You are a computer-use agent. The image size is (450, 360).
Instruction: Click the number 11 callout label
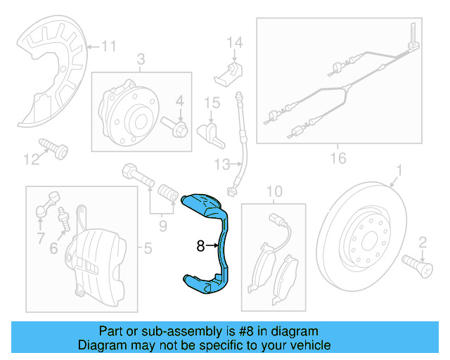coord(108,47)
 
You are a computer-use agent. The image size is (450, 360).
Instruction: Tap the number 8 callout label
coord(200,246)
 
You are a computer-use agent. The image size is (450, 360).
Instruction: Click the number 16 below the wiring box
coord(338,157)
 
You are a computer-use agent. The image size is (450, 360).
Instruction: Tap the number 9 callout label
coord(163,226)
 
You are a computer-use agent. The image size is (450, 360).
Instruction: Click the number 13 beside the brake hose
coord(222,165)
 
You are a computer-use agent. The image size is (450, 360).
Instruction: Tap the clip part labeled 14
coord(231,70)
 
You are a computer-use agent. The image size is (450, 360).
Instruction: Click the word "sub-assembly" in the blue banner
coord(169,331)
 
